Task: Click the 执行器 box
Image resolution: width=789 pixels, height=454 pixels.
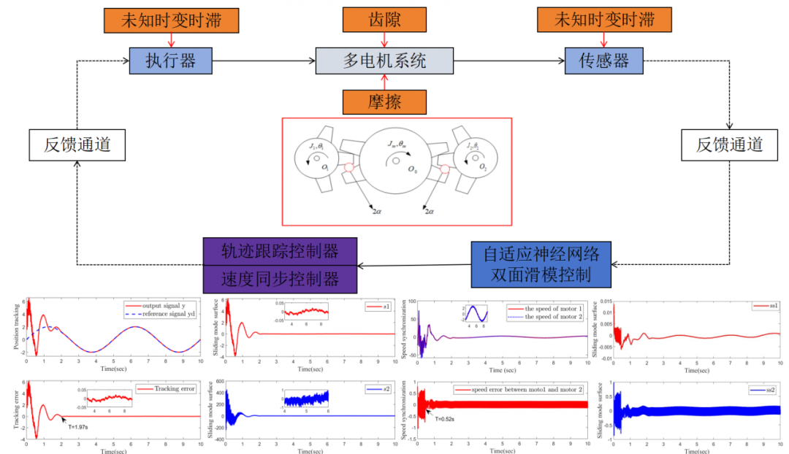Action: [170, 61]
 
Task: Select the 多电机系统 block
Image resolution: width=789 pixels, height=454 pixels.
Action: [384, 61]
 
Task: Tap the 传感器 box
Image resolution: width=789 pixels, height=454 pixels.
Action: [605, 61]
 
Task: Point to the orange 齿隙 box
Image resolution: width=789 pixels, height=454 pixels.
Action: [384, 20]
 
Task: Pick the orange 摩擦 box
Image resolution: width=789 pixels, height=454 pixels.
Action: [384, 101]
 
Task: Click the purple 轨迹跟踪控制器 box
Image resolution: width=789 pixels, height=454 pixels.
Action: [280, 252]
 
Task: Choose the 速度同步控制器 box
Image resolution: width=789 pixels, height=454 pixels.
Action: [280, 278]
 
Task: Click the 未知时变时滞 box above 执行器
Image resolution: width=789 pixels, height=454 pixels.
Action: [170, 20]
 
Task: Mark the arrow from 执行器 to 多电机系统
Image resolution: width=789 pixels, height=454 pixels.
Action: [263, 61]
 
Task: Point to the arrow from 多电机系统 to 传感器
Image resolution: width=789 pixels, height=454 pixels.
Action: [508, 61]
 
